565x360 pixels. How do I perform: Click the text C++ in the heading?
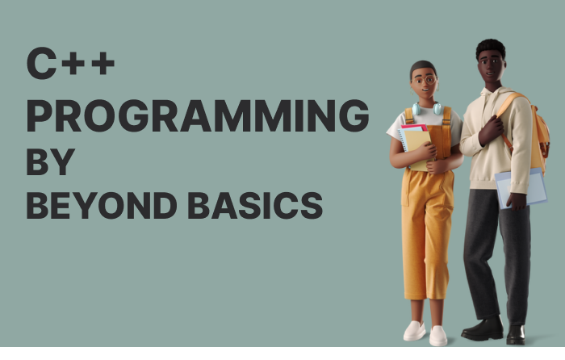point(70,64)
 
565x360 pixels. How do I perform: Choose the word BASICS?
point(255,206)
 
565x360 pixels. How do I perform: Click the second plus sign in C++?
point(103,65)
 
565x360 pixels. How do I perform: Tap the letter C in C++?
point(40,64)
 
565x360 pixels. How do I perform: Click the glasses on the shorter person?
point(426,80)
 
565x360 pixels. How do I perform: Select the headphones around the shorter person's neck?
point(427,108)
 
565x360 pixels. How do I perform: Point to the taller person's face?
point(490,63)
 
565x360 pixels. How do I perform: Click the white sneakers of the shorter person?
point(425,332)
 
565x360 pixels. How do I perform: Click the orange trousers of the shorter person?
point(426,234)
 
